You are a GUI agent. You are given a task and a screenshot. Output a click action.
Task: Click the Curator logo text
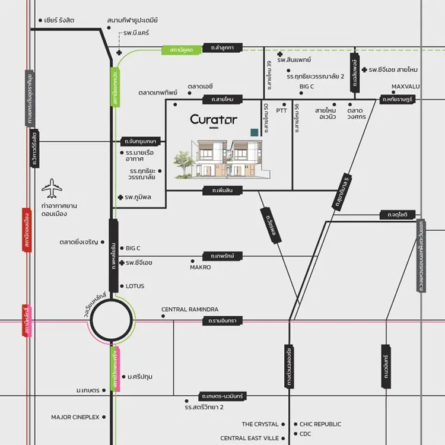click(x=214, y=119)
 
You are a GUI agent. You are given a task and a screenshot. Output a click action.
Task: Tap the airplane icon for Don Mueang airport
click(x=52, y=188)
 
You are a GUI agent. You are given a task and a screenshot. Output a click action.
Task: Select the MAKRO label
click(x=200, y=268)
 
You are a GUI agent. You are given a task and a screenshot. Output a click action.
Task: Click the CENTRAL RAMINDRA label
click(x=190, y=310)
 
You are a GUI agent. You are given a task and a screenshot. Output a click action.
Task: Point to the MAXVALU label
click(x=405, y=87)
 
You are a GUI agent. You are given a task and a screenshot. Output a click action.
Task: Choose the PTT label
click(x=281, y=110)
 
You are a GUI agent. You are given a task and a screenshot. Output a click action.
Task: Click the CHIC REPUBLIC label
click(x=320, y=424)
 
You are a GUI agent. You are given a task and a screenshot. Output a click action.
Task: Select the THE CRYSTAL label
click(x=260, y=424)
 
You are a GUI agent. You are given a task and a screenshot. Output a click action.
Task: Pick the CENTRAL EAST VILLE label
click(x=249, y=438)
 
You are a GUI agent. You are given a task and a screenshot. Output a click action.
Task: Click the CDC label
click(x=305, y=434)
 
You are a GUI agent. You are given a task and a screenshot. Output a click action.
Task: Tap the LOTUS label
click(x=135, y=286)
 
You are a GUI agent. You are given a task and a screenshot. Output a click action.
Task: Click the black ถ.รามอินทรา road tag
click(x=223, y=321)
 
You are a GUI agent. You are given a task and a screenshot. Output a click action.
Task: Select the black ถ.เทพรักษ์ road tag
click(x=223, y=256)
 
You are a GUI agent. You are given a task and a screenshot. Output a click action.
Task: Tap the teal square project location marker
click(x=255, y=132)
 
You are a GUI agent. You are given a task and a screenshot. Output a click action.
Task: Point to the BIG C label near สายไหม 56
click(x=307, y=87)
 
